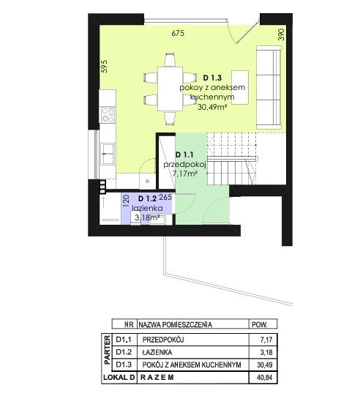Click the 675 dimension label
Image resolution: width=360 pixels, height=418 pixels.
[178, 33]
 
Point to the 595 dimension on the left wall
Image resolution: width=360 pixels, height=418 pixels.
[105, 67]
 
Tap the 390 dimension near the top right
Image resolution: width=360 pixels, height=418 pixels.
[282, 34]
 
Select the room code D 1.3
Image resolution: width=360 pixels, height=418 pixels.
[212, 78]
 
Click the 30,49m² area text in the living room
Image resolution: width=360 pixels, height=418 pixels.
[212, 107]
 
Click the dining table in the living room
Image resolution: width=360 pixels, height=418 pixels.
[170, 89]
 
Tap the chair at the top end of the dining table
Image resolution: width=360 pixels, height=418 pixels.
[170, 60]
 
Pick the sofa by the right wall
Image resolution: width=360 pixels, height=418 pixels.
[269, 87]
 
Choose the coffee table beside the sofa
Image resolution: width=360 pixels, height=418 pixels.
[240, 87]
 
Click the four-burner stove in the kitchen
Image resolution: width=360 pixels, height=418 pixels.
[108, 115]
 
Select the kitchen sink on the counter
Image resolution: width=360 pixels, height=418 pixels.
[108, 154]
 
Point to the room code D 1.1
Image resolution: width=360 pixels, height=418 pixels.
[184, 154]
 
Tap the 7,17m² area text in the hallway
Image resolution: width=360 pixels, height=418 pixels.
[184, 173]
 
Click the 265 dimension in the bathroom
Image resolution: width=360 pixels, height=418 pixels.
[165, 197]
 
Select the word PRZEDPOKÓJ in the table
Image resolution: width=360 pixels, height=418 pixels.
[163, 340]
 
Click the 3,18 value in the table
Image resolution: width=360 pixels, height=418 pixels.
[266, 352]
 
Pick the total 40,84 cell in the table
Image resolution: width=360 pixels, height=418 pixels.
[265, 378]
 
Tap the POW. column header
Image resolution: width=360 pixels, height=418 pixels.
[260, 325]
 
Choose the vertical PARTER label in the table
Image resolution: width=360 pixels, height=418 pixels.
[107, 350]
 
